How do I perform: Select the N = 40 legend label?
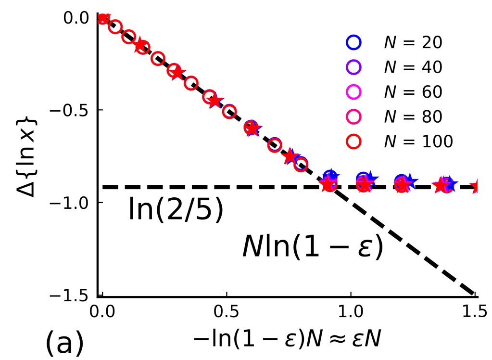coord(413,68)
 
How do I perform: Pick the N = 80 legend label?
coord(413,116)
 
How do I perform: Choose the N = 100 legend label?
coord(418,141)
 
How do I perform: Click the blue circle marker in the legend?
coord(353,43)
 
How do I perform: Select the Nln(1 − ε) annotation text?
coord(313,249)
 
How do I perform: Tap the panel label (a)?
coord(64,342)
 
